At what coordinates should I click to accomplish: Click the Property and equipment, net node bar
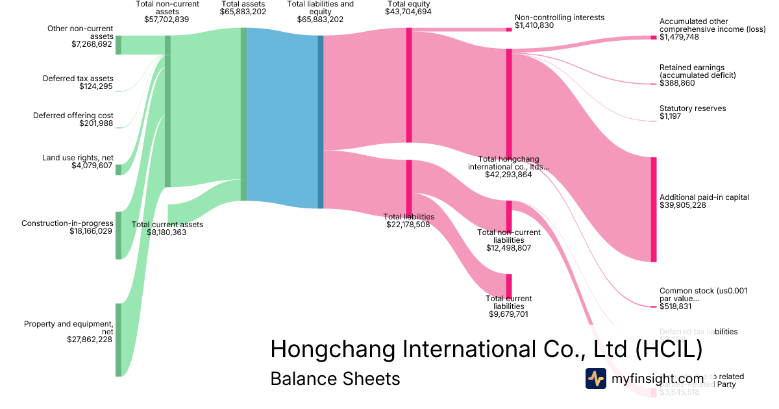pyautogui.click(x=118, y=340)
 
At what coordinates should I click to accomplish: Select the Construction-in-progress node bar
pyautogui.click(x=118, y=235)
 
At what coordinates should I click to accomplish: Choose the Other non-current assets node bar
pyautogui.click(x=118, y=45)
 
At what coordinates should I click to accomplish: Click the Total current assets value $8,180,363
pyautogui.click(x=167, y=232)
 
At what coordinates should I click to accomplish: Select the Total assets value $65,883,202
pyautogui.click(x=243, y=12)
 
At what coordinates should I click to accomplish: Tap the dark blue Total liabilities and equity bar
pyautogui.click(x=320, y=122)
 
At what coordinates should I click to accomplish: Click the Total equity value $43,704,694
pyautogui.click(x=408, y=12)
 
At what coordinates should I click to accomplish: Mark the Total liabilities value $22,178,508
pyautogui.click(x=408, y=225)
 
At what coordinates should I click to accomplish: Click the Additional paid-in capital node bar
pyautogui.click(x=654, y=209)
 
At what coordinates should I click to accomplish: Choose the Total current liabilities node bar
pyautogui.click(x=509, y=285)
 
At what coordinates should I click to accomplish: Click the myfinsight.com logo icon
pyautogui.click(x=595, y=378)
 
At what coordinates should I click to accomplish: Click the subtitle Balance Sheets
pyautogui.click(x=335, y=378)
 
